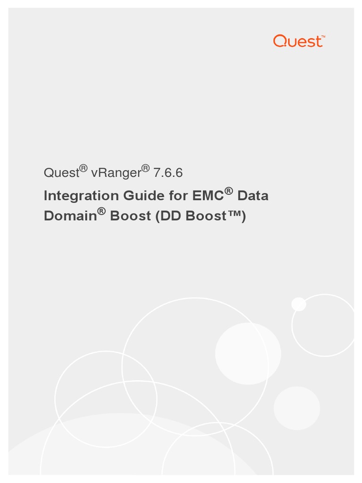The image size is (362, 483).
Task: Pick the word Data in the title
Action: coord(253,196)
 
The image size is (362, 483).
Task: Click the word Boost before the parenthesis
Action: coord(130,216)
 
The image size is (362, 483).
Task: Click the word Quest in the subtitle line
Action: coord(61,173)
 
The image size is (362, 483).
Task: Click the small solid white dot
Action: coord(299,304)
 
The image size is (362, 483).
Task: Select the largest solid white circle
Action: coord(248,353)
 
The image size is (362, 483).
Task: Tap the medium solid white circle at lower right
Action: coord(297,408)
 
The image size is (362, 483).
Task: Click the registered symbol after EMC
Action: coord(229,191)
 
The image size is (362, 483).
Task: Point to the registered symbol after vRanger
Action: coord(146,168)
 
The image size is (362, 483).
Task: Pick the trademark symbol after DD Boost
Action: coord(233,216)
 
